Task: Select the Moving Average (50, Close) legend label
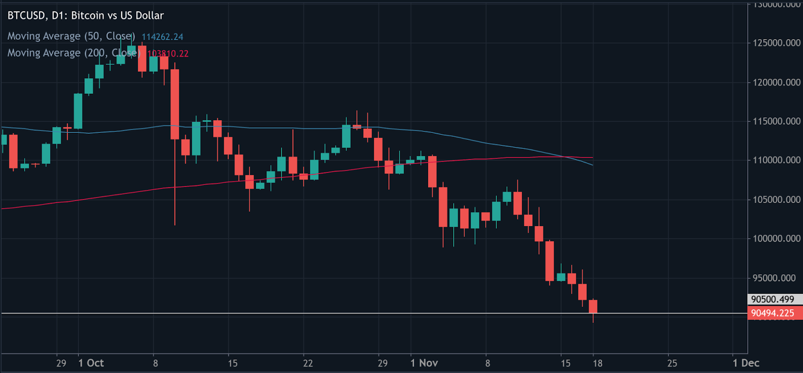pos(71,36)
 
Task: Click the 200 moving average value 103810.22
pos(168,54)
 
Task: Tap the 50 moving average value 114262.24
pos(162,37)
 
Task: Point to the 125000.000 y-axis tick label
pos(776,43)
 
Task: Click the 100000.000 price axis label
pos(776,239)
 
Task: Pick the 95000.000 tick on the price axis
pos(776,278)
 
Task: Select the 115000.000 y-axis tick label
pos(776,121)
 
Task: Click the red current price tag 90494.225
pos(773,313)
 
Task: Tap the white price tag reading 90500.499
pos(773,299)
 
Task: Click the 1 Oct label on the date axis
pos(91,363)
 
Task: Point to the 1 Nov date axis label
pos(424,363)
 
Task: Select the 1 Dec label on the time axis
pos(746,363)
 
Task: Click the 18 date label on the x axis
pos(597,363)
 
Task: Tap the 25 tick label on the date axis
pos(672,363)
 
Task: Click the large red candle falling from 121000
pos(175,104)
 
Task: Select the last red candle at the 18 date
pos(593,306)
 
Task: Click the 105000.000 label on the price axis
pos(776,200)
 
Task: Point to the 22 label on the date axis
pos(308,363)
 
